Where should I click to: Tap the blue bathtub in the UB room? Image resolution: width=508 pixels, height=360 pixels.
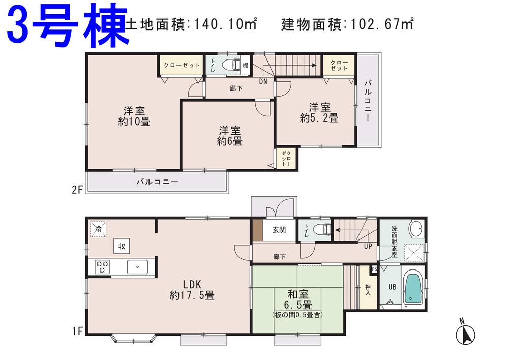click(412, 290)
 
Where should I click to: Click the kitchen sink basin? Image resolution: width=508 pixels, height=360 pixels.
click(137, 266)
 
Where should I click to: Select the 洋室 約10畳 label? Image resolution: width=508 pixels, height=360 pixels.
click(134, 116)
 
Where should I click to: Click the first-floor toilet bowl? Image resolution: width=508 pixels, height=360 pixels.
click(321, 229)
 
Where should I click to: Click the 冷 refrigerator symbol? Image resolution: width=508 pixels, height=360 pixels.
click(98, 229)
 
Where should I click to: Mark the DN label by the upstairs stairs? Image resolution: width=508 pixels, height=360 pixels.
click(263, 81)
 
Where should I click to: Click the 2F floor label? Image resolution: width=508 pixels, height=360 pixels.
click(77, 190)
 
